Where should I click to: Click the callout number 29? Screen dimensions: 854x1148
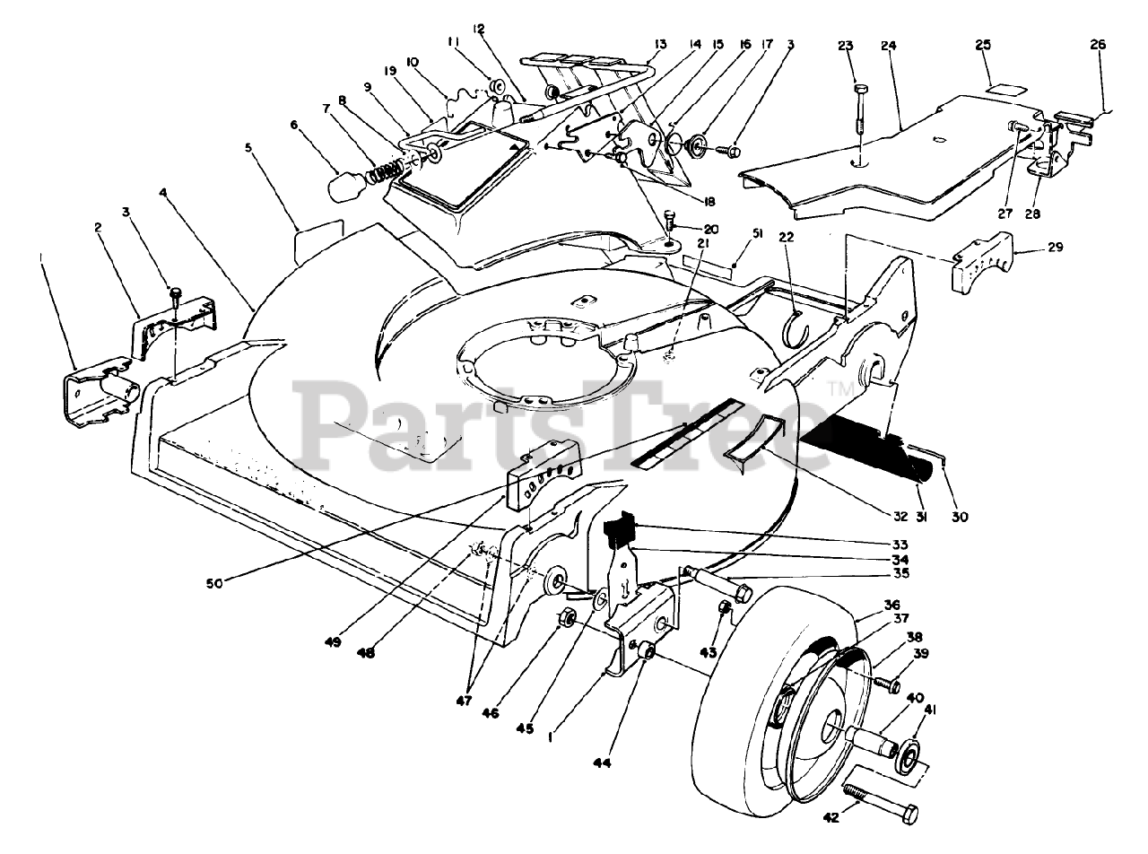tap(1055, 248)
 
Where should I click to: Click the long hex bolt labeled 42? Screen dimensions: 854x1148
tap(880, 802)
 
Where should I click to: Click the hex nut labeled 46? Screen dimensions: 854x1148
tap(567, 619)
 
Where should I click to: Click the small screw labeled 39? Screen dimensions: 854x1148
tap(889, 686)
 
